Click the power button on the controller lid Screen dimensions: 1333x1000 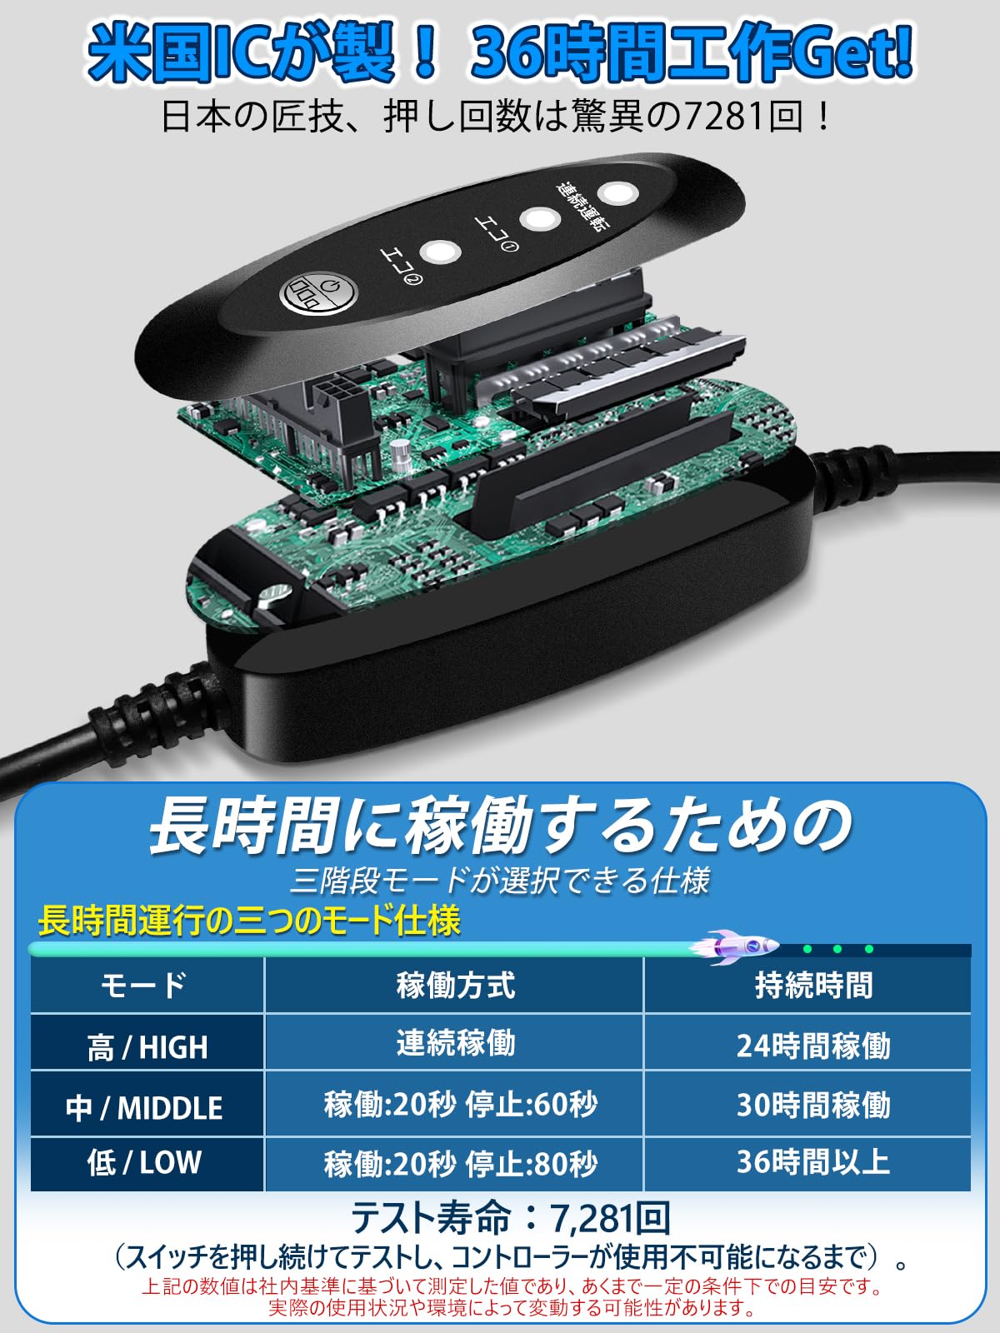pos(317,293)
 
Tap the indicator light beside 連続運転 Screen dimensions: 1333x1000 pos(617,193)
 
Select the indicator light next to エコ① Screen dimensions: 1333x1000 pos(539,220)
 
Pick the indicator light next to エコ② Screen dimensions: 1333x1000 pos(439,252)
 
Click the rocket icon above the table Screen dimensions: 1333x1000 pos(737,947)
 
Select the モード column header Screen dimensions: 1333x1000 pos(143,985)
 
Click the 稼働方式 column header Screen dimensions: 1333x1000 pos(455,985)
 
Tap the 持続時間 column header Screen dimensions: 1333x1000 pos(813,985)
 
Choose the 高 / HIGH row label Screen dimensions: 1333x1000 pos(147,1046)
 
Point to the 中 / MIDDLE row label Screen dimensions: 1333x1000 pos(145,1107)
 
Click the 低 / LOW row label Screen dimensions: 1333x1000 pos(145,1162)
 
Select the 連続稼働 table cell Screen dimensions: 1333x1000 pos(455,1043)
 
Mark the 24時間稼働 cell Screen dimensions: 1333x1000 pos(813,1046)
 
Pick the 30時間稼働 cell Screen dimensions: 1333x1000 pos(813,1105)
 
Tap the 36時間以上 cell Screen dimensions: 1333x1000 pos(813,1161)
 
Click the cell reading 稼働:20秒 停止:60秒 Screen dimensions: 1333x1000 pos(460,1105)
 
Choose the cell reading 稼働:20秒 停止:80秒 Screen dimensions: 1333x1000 pos(460,1163)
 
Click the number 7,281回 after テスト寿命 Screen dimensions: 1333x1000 pos(610,1218)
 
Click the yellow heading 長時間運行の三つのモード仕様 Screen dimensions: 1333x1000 pos(248,921)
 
